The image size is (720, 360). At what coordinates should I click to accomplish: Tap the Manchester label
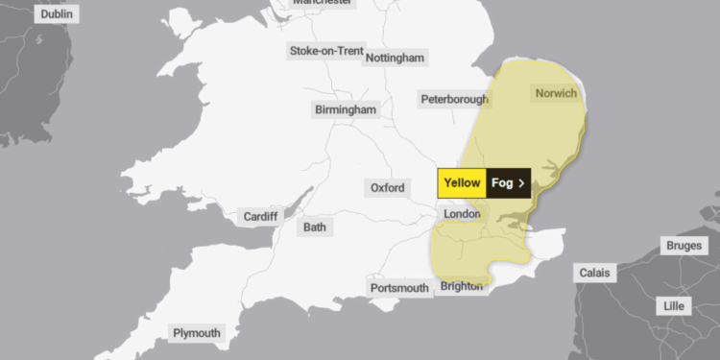(x=323, y=3)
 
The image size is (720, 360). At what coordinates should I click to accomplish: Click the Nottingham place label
(x=395, y=58)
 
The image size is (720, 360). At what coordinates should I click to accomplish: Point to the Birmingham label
(x=346, y=109)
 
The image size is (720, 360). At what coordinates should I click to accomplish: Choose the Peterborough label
(x=454, y=99)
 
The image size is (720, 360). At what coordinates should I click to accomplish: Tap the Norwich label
(x=555, y=93)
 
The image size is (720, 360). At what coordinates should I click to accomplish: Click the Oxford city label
(x=388, y=187)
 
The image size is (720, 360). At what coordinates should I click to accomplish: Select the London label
(x=462, y=213)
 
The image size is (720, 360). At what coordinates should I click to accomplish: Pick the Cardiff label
(x=260, y=216)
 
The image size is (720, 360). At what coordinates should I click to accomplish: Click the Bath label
(x=315, y=228)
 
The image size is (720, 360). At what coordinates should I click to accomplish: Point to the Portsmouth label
(x=399, y=288)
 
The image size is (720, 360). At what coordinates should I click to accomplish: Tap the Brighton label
(x=463, y=287)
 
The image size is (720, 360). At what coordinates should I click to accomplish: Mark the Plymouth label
(x=197, y=333)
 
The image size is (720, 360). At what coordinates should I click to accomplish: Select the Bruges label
(x=684, y=246)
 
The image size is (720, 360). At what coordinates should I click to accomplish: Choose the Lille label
(x=676, y=305)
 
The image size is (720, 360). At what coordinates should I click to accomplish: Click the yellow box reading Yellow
(x=462, y=182)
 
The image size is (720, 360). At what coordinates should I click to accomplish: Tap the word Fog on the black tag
(x=502, y=182)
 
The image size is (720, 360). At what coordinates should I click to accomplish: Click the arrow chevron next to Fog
(x=521, y=182)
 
